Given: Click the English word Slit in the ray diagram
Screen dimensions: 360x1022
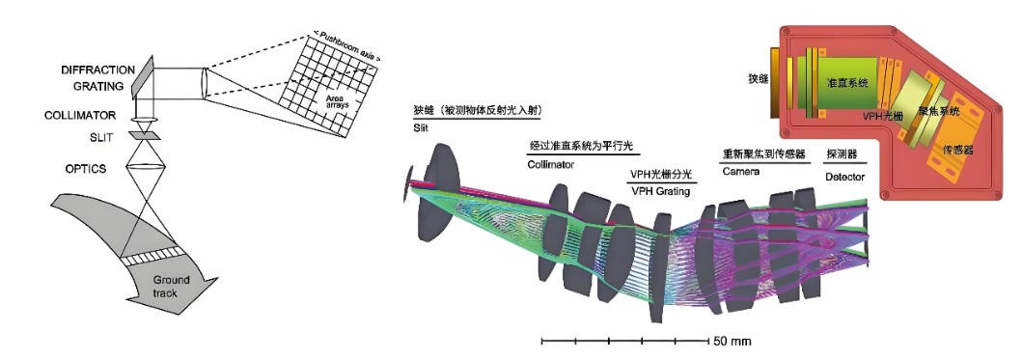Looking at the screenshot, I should coord(420,125).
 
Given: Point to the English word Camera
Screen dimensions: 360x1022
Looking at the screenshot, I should coord(740,171).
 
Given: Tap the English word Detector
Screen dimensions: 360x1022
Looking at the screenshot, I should coord(845,178).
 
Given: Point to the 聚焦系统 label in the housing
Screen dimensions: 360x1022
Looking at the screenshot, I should coord(937,112).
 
